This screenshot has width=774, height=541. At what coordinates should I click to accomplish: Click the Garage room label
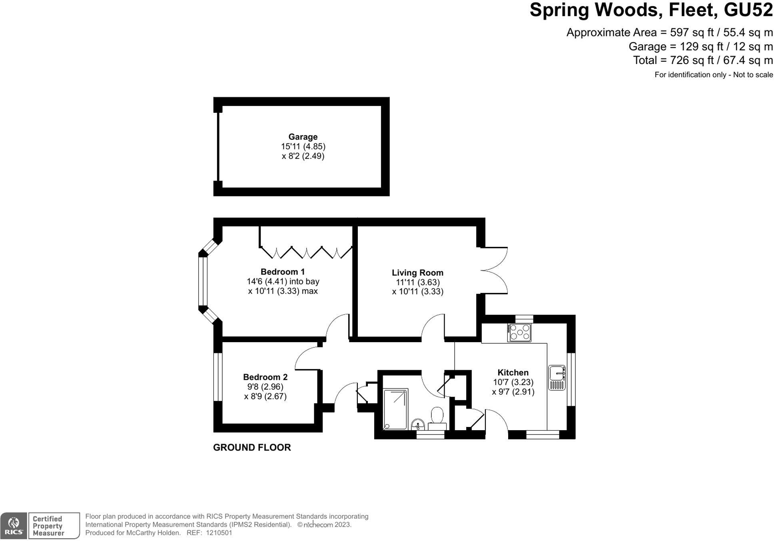point(303,137)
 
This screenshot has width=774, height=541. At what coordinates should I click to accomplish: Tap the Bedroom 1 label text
point(282,272)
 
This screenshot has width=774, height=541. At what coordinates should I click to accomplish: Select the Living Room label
point(417,273)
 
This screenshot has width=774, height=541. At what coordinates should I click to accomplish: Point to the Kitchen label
point(513,373)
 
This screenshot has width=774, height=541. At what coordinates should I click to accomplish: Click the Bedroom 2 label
point(265,377)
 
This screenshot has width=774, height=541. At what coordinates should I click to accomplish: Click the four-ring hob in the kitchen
point(519,333)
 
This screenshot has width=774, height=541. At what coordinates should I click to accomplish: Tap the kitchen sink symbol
point(557,377)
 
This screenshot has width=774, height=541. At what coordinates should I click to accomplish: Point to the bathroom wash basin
point(418,424)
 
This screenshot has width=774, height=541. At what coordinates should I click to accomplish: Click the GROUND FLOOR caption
point(252,447)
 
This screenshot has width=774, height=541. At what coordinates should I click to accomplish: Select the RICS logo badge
point(14,526)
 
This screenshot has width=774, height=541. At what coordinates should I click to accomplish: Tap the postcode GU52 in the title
point(748,10)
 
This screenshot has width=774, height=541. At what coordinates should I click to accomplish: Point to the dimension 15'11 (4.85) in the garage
point(303,146)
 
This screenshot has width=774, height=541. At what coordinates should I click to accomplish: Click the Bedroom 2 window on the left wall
point(217,377)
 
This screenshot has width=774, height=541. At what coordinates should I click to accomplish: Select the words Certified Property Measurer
point(48,526)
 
